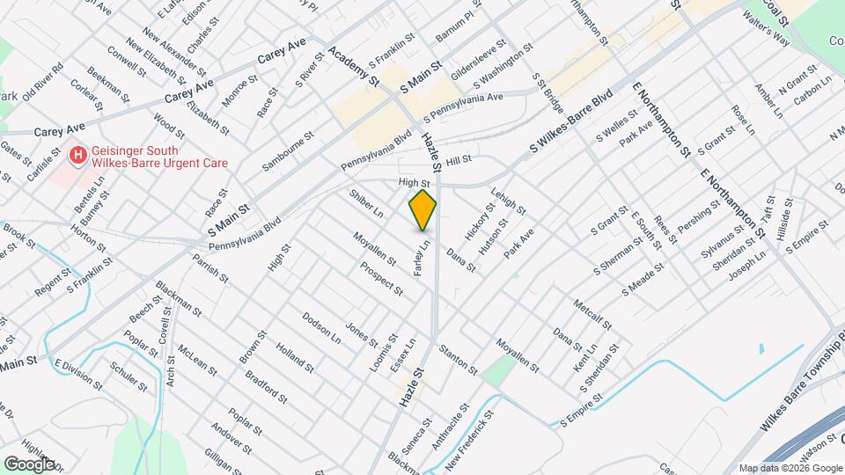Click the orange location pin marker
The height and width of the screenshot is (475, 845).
pyautogui.click(x=422, y=209)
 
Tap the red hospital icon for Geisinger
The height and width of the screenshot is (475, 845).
pyautogui.click(x=78, y=156)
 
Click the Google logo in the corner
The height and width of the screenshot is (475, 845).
pyautogui.click(x=30, y=464)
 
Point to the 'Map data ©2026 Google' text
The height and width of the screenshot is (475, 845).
pyautogui.click(x=790, y=467)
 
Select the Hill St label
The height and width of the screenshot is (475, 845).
pyautogui.click(x=459, y=161)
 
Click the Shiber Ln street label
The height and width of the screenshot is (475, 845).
pyautogui.click(x=366, y=203)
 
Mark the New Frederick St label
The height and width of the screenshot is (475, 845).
pyautogui.click(x=468, y=436)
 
